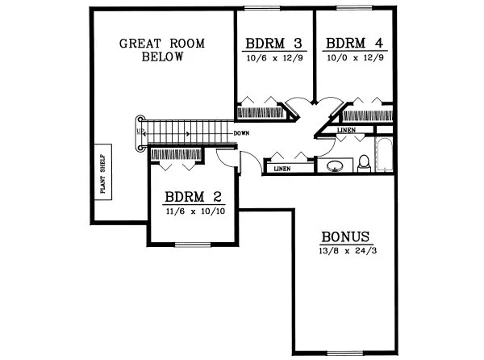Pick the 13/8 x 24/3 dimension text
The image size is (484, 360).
345,250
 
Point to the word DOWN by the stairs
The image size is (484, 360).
240,132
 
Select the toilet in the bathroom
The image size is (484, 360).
364,164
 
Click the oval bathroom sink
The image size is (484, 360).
335,167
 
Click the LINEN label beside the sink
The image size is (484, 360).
282,169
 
